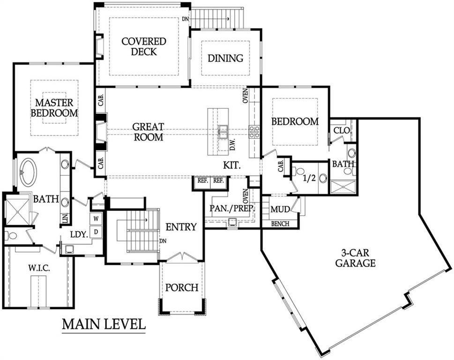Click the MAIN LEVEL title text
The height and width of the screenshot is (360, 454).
pos(104,324)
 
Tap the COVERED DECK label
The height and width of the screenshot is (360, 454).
pos(144,46)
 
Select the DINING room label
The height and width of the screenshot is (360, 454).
pos(225,58)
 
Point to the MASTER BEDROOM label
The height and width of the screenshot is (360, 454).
pos(54,108)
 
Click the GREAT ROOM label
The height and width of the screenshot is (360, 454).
pos(148,132)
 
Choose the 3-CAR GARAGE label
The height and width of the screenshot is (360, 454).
pos(355,258)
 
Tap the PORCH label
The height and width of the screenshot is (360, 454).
pos(182,288)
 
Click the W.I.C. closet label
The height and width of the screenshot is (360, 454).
pos(39,268)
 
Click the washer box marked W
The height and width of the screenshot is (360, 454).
pos(96,218)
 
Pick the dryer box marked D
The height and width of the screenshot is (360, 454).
pos(96,232)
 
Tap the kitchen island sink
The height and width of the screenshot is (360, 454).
pos(223,132)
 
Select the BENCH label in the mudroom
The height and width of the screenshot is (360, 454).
pos(280,224)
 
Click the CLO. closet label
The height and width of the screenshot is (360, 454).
pos(342,131)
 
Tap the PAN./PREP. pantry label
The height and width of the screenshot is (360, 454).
pos(232,208)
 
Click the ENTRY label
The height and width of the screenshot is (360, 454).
pos(181,227)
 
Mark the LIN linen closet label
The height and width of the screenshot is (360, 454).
pos(65,218)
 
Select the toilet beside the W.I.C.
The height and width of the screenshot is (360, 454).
pos(11,236)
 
